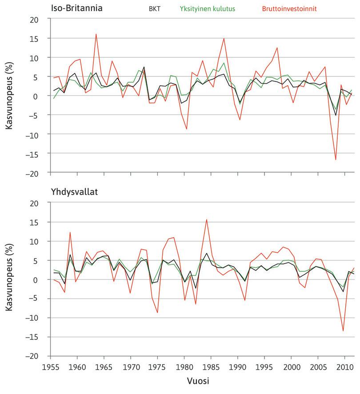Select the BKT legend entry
coord(155,8)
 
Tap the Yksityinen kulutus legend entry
coord(207,8)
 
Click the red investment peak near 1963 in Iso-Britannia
coord(96,34)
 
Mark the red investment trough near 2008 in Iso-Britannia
coord(336,159)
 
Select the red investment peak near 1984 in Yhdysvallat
coord(206,219)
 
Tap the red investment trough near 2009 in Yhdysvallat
coord(343,330)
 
